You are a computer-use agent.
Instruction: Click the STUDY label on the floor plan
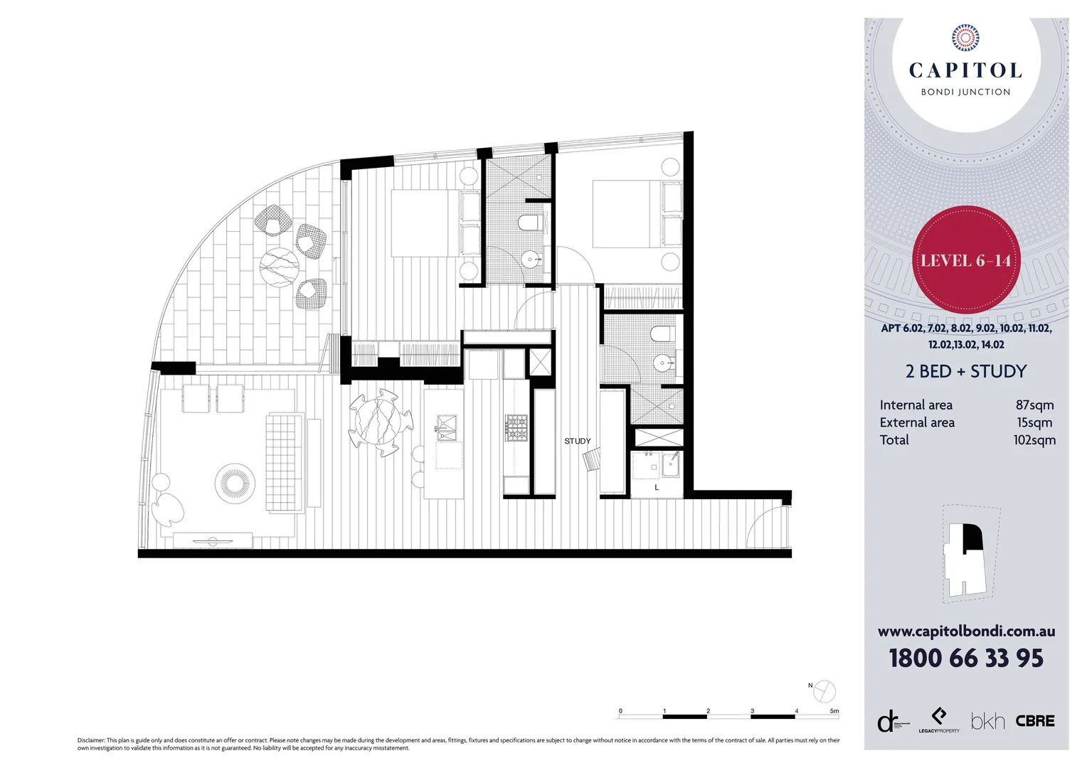coord(578,441)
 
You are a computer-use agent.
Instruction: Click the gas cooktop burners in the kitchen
coord(516,427)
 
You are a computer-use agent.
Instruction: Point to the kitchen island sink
coord(447,427)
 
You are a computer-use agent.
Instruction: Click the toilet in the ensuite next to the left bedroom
coord(528,223)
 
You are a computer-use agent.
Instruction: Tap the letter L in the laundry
coord(657,488)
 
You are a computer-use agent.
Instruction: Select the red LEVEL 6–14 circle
coord(965,260)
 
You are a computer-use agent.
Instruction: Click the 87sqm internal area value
coord(1034,405)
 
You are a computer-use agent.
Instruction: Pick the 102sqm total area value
coord(1034,440)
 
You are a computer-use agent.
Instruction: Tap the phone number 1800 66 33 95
coord(965,658)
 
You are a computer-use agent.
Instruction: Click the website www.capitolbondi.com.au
coord(966,631)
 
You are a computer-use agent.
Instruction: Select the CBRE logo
coord(1035,721)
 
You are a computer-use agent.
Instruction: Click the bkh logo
coord(987,722)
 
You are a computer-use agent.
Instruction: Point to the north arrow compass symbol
coord(824,690)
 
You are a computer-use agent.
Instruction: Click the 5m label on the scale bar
coord(834,710)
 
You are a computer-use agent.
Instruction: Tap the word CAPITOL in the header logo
coord(965,70)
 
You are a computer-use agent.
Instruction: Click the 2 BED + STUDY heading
coord(965,371)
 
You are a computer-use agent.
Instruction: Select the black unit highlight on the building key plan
coord(972,538)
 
